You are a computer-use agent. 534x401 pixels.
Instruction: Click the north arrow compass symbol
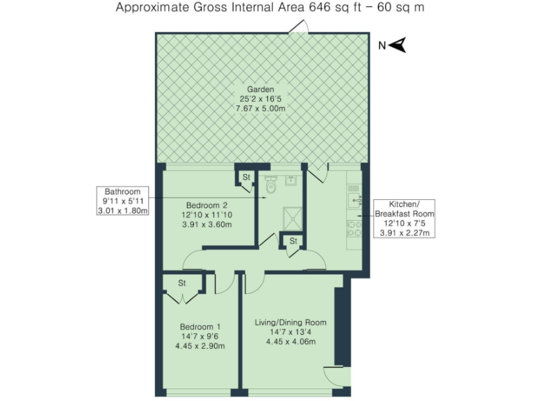[397, 46]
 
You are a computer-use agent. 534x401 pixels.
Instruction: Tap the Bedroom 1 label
[200, 327]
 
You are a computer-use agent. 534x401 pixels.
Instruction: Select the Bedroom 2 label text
[207, 205]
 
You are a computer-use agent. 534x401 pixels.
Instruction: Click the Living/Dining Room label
[291, 322]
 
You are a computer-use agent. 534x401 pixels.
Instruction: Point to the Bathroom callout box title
[122, 191]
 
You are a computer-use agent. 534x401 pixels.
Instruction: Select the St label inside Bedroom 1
[182, 283]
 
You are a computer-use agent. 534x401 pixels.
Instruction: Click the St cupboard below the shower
[293, 241]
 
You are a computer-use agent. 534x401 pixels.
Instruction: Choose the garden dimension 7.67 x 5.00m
[261, 109]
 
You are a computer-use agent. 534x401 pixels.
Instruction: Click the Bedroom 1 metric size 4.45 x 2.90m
[200, 346]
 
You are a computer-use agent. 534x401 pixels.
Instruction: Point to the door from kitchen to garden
[317, 173]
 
